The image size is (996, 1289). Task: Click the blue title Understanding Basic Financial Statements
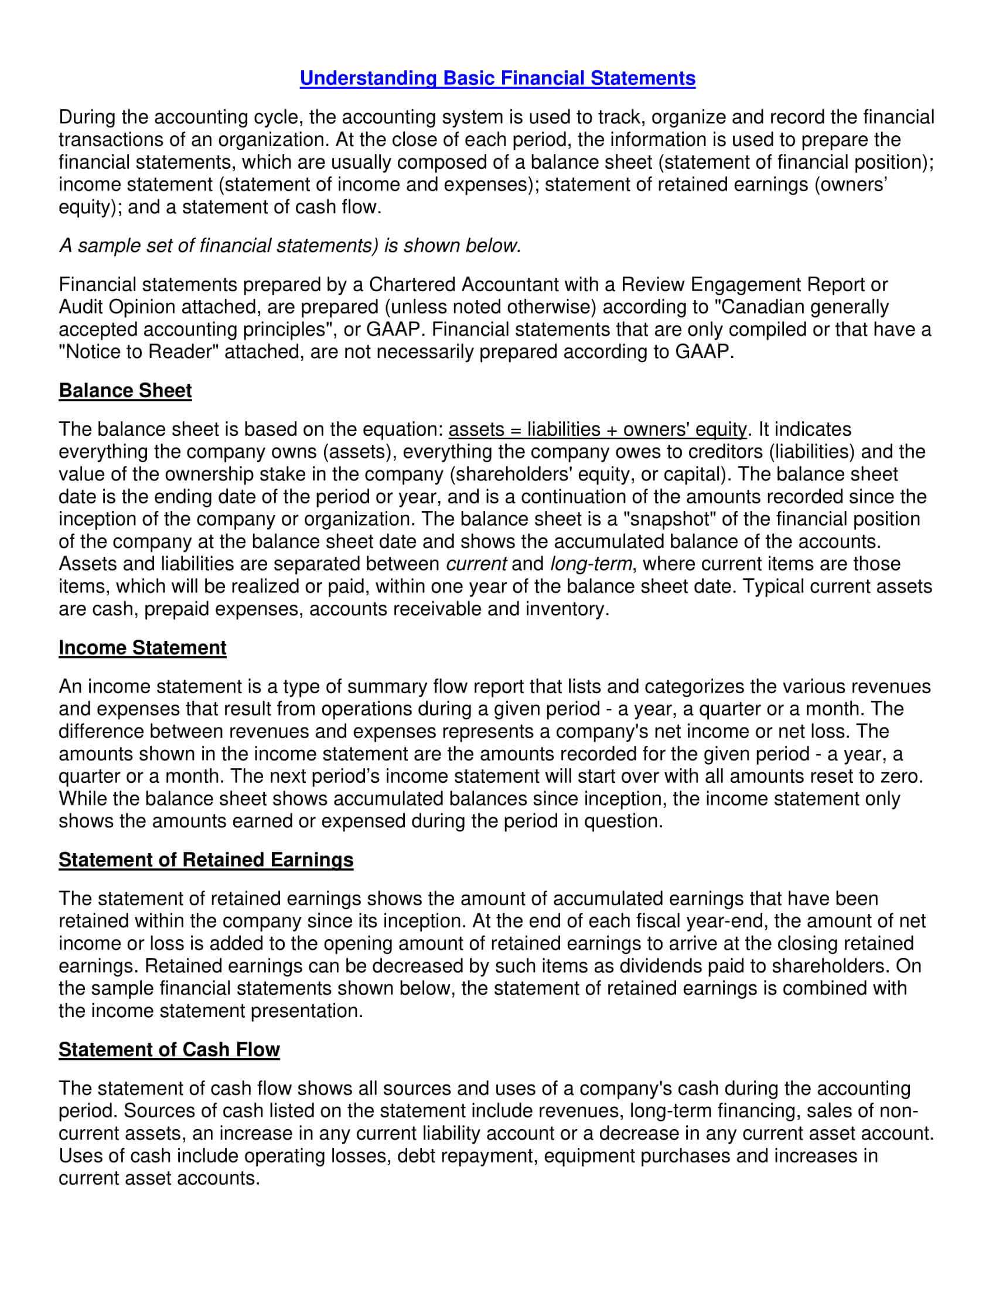497,79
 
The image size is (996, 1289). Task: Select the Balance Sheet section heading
125,391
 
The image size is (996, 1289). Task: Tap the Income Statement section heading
142,647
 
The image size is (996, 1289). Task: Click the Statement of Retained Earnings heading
206,860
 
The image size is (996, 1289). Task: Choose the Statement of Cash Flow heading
169,1050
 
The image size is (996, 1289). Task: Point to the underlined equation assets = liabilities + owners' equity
598,429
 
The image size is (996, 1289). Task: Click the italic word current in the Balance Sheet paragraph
476,564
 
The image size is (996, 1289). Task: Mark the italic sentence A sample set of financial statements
289,245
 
